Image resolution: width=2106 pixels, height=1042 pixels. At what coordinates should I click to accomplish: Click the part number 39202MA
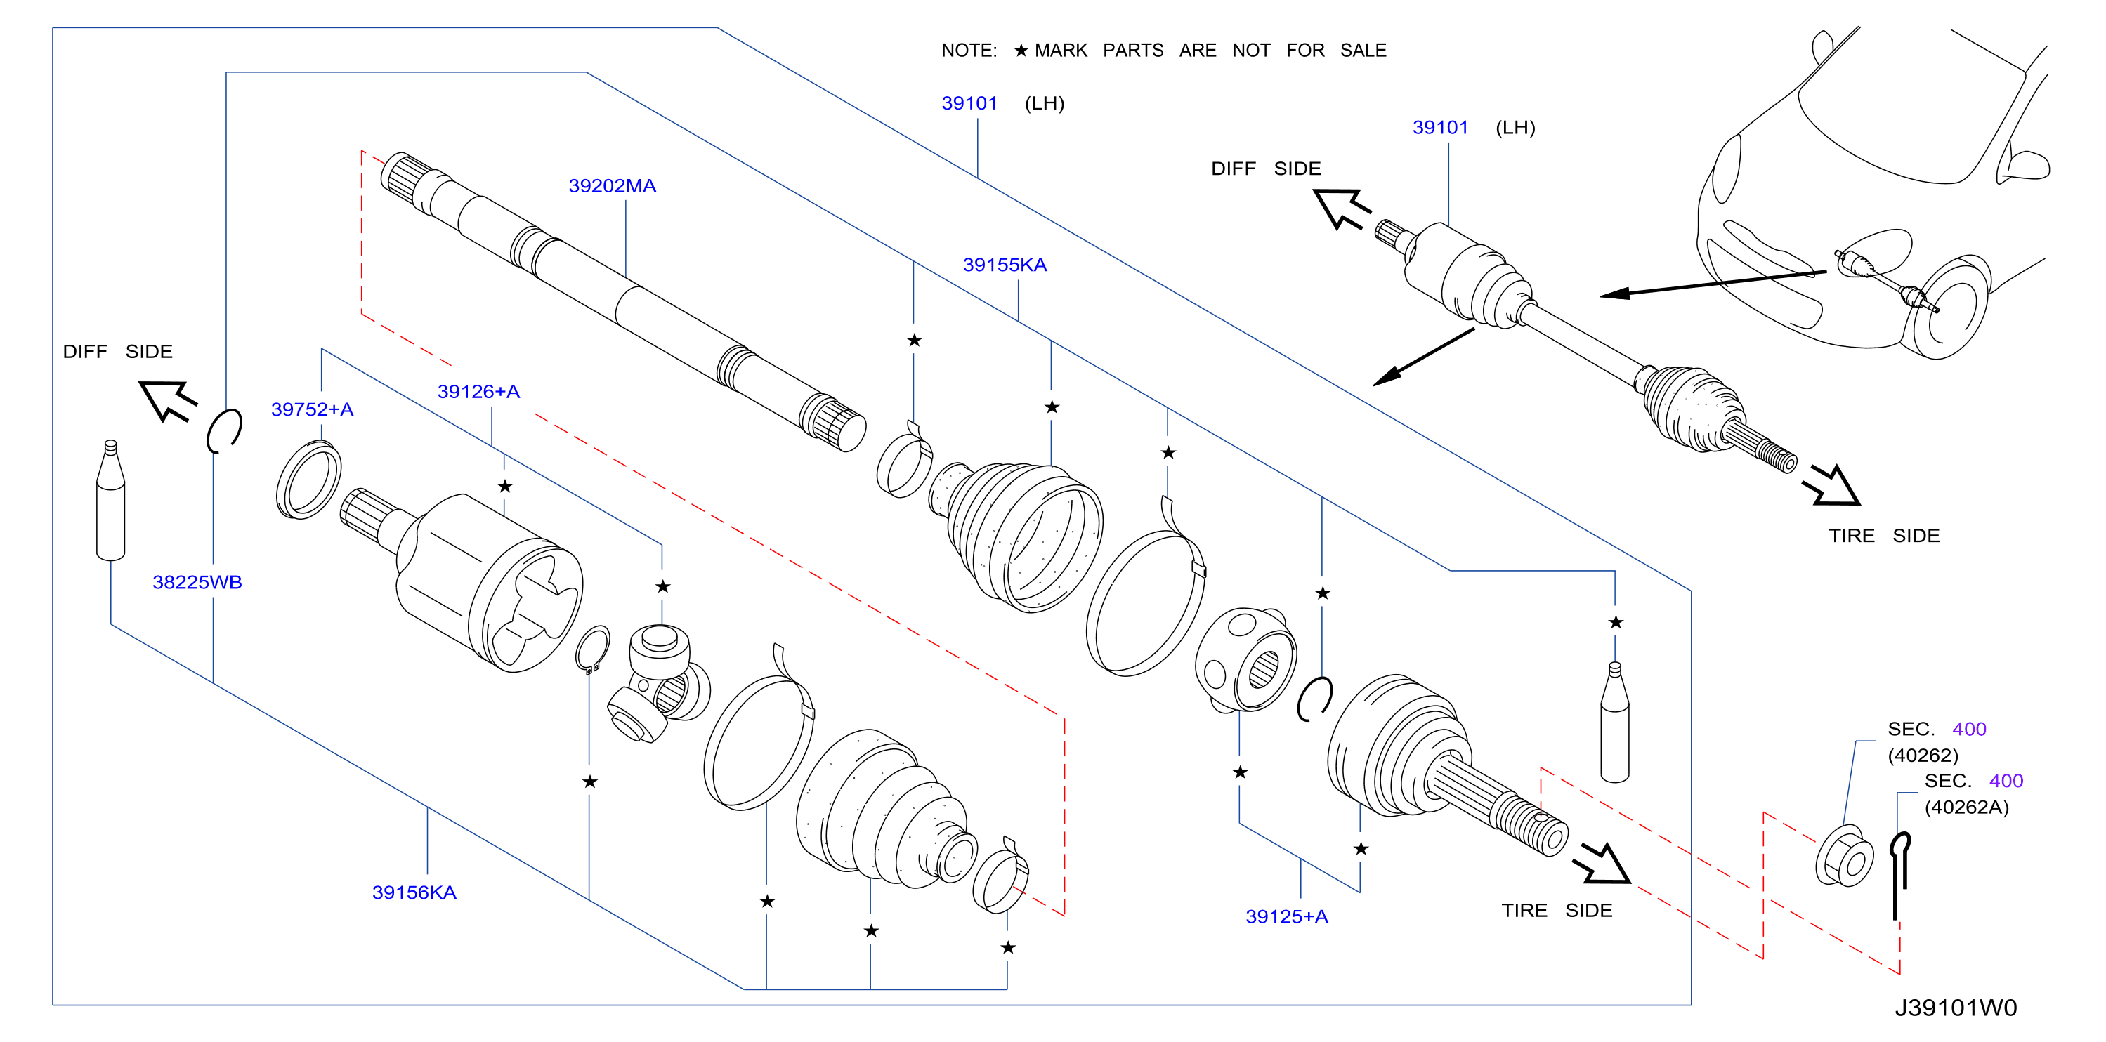(x=613, y=186)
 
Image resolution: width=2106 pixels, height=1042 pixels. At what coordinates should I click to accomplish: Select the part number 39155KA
(x=1005, y=265)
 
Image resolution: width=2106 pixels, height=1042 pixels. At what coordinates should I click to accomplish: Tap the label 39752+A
(x=313, y=409)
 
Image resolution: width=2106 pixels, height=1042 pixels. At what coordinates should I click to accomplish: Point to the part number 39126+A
(x=478, y=392)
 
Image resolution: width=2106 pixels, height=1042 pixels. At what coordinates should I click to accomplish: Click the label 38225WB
(x=197, y=583)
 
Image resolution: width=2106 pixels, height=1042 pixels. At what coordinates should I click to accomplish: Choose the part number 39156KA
(x=414, y=892)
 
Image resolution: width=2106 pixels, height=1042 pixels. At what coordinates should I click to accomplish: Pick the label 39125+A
(x=1287, y=917)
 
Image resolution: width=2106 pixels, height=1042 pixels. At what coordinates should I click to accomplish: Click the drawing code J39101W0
(x=1956, y=1008)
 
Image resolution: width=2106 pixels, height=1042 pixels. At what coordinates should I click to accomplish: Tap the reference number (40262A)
(x=1966, y=807)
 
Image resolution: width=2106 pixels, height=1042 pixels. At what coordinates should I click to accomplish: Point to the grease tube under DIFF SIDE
(x=110, y=500)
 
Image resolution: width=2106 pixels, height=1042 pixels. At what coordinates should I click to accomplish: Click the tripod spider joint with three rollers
(x=658, y=682)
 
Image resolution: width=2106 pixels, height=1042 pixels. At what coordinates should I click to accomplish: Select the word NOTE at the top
(x=969, y=51)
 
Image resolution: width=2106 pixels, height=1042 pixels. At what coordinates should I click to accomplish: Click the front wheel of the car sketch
(x=1951, y=309)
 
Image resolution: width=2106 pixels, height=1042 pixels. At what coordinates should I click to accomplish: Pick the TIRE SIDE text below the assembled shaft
(x=1885, y=536)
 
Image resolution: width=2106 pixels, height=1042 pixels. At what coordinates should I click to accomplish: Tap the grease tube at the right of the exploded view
(x=1615, y=722)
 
